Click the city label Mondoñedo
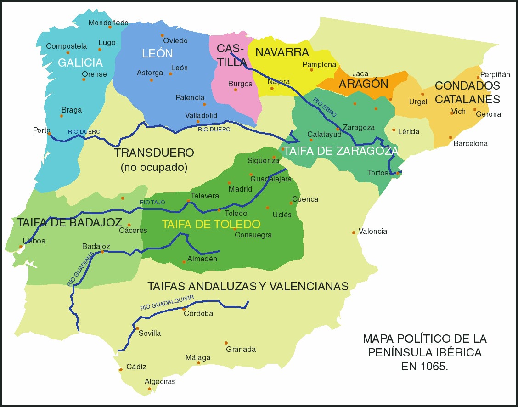tap(108, 23)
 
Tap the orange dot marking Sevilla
tap(137, 328)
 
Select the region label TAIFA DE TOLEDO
tap(211, 225)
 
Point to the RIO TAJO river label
tap(152, 202)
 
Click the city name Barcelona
tap(470, 144)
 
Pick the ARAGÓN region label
tap(363, 84)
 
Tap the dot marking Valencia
tap(354, 232)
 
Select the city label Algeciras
tap(160, 382)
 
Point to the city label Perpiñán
tap(495, 74)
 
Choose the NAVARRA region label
tap(282, 52)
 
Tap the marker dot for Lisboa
tap(21, 247)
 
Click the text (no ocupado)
tap(154, 168)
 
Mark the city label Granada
tap(241, 350)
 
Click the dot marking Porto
tap(49, 134)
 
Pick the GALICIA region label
tap(80, 62)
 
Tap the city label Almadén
tap(202, 259)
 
